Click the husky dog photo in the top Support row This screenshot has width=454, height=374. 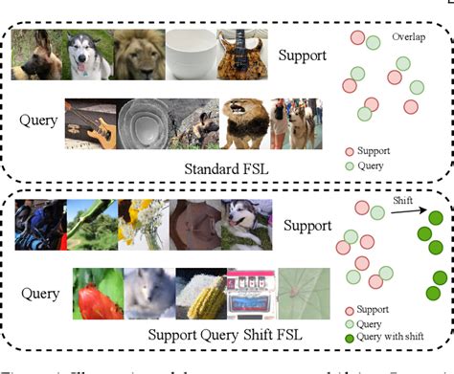pos(89,54)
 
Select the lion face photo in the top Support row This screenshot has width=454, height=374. pos(139,54)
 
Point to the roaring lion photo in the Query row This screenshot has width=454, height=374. pos(246,123)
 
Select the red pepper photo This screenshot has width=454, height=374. pos(99,293)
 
